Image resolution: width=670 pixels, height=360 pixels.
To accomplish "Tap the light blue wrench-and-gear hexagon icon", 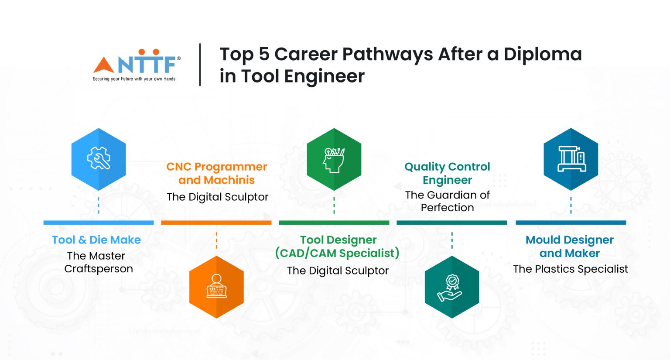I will coord(99,159).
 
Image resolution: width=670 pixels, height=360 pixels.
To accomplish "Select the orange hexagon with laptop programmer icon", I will coord(216,287).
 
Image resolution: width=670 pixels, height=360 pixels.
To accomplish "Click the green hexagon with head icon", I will coord(334,159).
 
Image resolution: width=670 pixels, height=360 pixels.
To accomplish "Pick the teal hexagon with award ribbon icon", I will coord(452,287).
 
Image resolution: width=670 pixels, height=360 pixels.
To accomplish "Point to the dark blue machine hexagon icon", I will coord(571,159).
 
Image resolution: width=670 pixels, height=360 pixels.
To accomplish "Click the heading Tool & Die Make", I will coord(96,240).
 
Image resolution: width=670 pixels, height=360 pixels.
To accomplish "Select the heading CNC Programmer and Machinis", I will coord(217,173).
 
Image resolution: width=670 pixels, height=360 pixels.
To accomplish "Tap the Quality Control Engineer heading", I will coord(447,173).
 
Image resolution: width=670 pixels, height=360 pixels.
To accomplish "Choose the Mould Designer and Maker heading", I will coord(570,247).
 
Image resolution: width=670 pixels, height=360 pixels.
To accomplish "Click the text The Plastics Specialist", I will coord(571,269).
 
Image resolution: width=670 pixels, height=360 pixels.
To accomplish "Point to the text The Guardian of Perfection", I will coord(447,201).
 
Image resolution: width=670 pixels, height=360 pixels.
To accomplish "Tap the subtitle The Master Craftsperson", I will coord(98,262).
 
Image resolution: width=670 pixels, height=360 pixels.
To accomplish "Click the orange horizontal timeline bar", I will coord(216,223).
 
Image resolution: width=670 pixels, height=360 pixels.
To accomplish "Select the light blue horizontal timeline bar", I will coord(99,223).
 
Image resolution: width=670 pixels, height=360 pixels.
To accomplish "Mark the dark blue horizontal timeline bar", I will coord(571,223).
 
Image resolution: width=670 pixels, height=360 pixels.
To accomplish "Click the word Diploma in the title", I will coord(543,55).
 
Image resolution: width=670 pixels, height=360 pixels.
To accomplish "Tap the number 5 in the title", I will coord(264,55).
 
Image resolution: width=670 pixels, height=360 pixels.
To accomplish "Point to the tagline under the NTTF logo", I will coord(134,79).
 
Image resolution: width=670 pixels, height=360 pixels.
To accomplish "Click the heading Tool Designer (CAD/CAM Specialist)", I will coord(338,247).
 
